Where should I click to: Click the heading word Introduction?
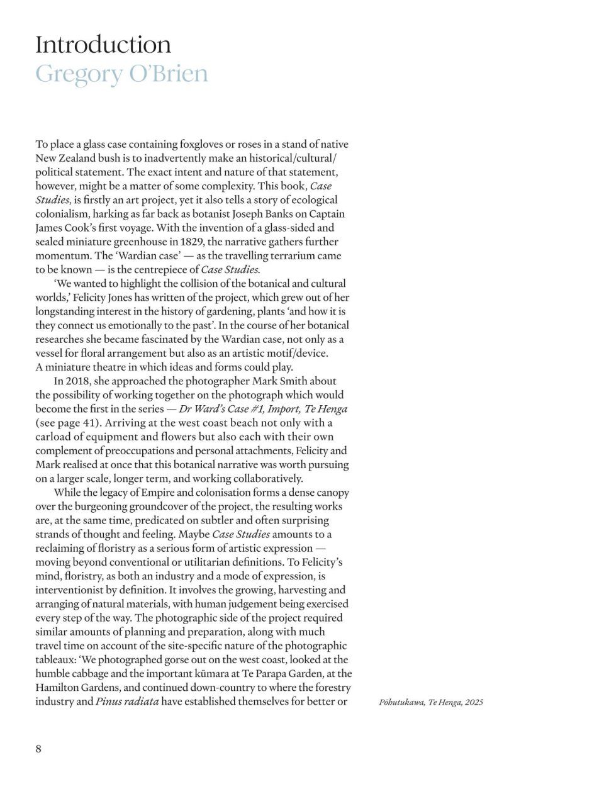(x=103, y=45)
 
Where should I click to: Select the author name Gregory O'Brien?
(x=121, y=74)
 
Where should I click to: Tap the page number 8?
(x=38, y=749)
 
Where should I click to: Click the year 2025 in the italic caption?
(x=474, y=702)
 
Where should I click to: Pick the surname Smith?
(x=322, y=381)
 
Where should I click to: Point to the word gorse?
(x=177, y=659)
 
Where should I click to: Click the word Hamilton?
(x=57, y=687)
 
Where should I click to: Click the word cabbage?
(x=89, y=673)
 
